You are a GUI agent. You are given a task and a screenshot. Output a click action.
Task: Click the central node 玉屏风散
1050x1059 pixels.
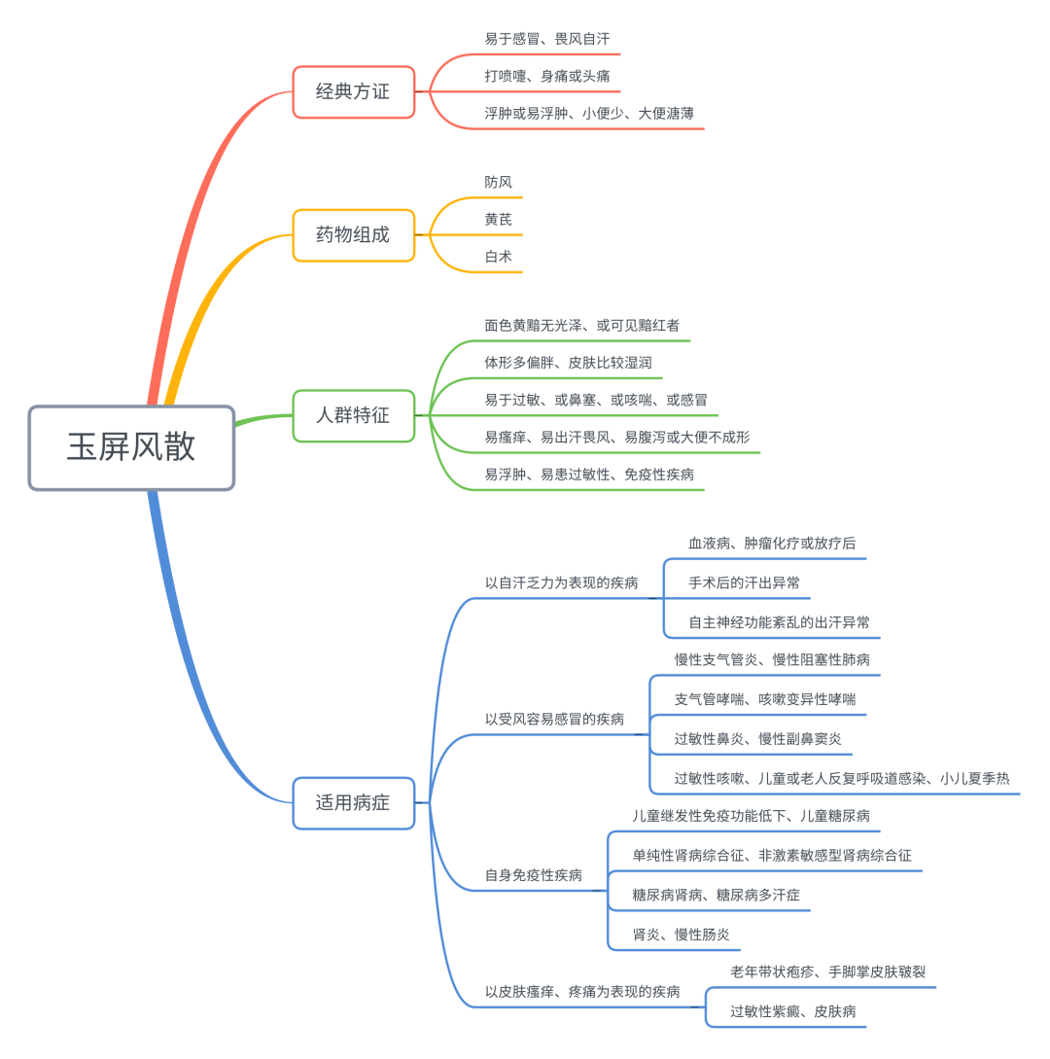coord(131,447)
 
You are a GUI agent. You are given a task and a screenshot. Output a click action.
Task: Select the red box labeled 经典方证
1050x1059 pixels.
coord(353,91)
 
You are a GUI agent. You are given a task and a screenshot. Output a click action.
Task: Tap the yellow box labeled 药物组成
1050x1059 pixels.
coord(353,234)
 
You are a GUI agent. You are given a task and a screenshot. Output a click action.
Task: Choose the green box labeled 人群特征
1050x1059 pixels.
coord(353,415)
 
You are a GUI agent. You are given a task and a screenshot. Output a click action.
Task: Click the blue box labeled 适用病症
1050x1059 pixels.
coord(353,802)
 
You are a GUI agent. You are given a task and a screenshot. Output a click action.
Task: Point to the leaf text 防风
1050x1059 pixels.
coord(499,182)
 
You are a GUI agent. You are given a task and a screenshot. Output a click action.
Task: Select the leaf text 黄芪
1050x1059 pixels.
coord(499,220)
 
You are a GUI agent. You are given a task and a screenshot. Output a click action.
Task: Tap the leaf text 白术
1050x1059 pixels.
coord(499,257)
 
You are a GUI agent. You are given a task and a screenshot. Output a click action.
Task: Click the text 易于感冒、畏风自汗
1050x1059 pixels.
coord(547,39)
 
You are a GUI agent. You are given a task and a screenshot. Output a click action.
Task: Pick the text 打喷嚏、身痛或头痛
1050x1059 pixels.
coord(547,76)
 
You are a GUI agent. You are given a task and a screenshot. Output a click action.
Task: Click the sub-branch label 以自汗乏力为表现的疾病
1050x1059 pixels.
coord(562,583)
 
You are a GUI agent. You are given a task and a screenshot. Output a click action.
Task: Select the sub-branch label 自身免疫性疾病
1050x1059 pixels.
coord(534,875)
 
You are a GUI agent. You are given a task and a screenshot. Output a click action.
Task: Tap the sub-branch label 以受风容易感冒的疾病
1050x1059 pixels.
coord(554,720)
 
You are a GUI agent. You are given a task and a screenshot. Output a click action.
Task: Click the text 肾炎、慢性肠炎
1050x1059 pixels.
coord(681,935)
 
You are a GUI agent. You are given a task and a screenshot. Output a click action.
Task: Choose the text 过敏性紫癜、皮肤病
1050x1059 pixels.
coord(793,1011)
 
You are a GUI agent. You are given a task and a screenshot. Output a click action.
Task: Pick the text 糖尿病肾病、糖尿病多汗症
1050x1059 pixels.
coord(717,895)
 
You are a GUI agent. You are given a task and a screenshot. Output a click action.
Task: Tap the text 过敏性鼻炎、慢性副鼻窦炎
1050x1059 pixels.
coord(758,739)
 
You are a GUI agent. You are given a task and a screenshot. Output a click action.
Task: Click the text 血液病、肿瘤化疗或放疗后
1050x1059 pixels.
coord(772,544)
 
